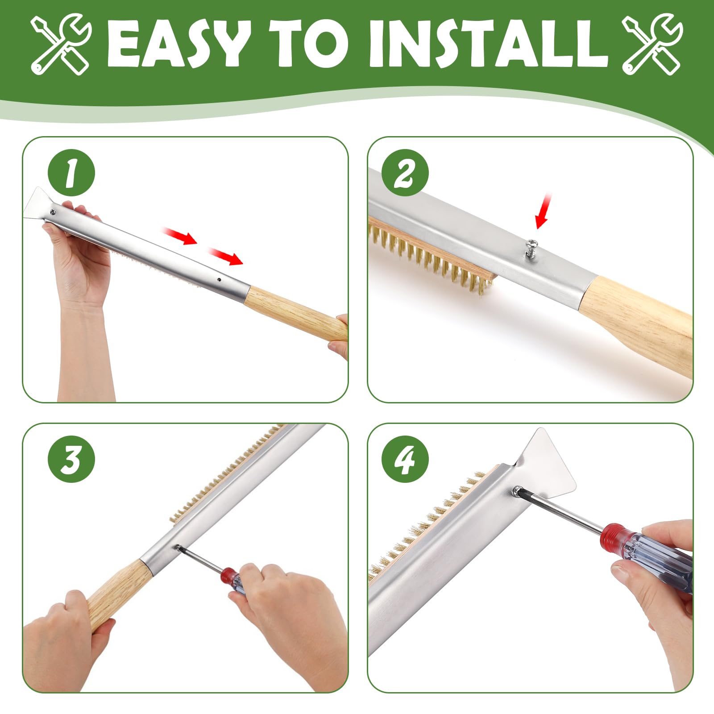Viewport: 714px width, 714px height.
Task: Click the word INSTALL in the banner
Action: click(x=489, y=44)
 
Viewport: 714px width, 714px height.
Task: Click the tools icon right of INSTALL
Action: click(x=652, y=44)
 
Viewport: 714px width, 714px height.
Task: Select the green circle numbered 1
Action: click(x=71, y=173)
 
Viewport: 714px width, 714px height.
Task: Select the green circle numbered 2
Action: click(x=405, y=173)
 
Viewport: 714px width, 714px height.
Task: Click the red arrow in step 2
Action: click(x=543, y=211)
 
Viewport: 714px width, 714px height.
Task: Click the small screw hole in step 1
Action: click(x=219, y=280)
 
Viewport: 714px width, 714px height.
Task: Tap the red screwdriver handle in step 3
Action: click(x=234, y=580)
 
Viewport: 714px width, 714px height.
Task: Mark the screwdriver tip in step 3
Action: click(x=179, y=547)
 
